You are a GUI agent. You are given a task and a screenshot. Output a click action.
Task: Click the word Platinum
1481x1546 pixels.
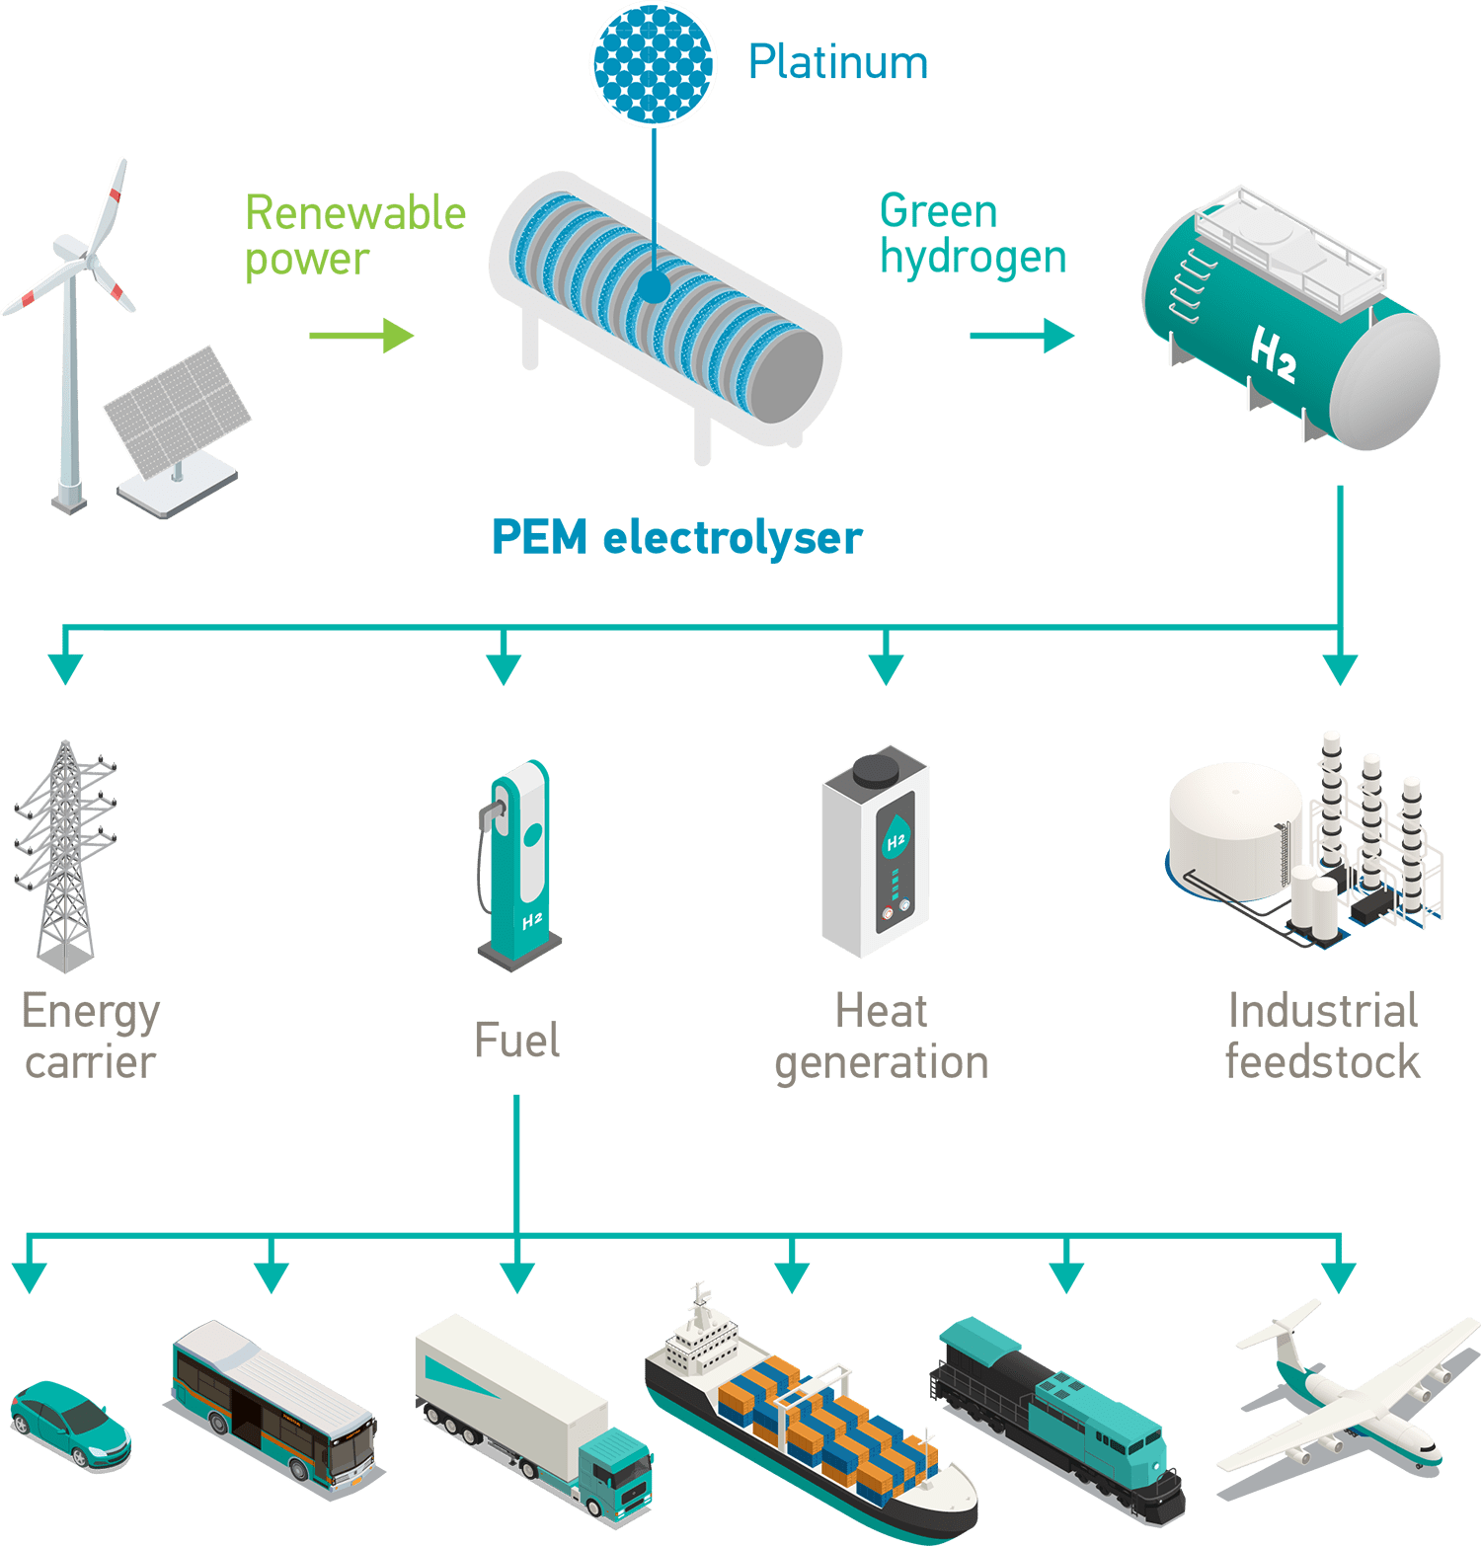click(837, 62)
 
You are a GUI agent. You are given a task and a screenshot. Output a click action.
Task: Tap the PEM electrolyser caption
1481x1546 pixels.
click(676, 538)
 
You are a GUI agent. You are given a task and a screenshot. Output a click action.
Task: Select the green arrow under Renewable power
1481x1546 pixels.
click(361, 336)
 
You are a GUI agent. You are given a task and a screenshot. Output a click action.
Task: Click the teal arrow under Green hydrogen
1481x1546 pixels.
click(1022, 336)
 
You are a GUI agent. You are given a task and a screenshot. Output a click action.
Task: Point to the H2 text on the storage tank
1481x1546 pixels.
click(1273, 354)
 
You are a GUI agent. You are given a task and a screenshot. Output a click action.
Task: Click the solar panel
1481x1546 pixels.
click(178, 411)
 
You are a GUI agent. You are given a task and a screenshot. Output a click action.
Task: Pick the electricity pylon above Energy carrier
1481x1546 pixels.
click(65, 854)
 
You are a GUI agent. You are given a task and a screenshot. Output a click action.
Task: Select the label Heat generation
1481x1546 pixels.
click(882, 1037)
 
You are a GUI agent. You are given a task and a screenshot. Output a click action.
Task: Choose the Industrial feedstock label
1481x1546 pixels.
click(1322, 1037)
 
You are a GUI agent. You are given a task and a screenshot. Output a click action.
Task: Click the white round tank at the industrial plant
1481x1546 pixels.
click(1234, 829)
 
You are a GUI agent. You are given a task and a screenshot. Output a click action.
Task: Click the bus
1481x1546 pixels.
click(272, 1402)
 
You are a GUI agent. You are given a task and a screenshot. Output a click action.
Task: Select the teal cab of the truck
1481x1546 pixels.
click(617, 1471)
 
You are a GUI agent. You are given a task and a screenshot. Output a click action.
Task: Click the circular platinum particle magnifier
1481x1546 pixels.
click(653, 63)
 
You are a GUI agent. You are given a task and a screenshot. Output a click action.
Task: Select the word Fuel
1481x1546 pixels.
click(516, 1041)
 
